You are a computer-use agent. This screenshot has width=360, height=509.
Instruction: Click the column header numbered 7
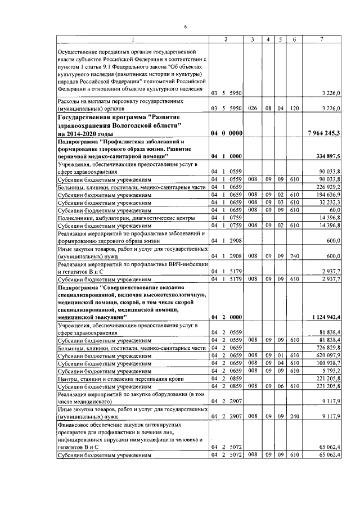[321, 39]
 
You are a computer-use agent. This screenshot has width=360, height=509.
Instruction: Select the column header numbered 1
[133, 39]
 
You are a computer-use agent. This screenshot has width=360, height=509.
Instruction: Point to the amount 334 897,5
[328, 156]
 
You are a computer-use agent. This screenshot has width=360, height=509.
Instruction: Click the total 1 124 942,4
[326, 318]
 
